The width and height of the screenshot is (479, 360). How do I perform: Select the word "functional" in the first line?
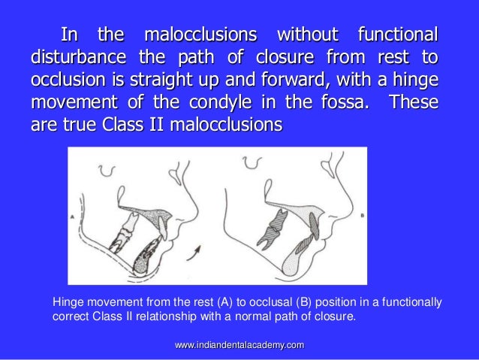398,35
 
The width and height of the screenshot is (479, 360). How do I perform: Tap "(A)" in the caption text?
206,303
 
